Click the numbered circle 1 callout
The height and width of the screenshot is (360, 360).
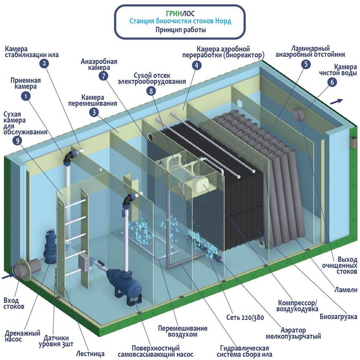(x=26, y=96)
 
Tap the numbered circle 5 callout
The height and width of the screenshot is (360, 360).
(x=306, y=64)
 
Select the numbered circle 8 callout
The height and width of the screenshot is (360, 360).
(x=151, y=91)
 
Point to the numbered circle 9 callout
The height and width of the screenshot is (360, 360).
(x=17, y=140)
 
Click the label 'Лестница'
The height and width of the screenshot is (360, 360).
(x=90, y=354)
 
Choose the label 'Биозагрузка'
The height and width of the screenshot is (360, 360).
(x=338, y=317)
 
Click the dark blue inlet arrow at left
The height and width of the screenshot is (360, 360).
(x=7, y=276)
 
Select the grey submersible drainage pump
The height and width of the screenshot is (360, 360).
(x=52, y=247)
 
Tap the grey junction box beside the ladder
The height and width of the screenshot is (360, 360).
(x=85, y=261)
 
